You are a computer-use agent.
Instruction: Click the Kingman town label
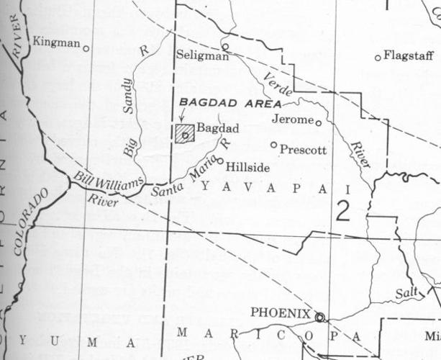pos(56,43)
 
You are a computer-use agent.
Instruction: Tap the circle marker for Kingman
pos(86,49)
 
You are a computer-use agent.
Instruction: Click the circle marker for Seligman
pos(224,47)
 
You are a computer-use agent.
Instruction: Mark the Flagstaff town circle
pos(378,58)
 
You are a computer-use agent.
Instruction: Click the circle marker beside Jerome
pos(319,122)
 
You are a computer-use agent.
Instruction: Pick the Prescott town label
pos(303,150)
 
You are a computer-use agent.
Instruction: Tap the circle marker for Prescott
pos(273,145)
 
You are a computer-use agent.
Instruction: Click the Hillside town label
pos(247,167)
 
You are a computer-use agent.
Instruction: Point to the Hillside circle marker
pos(220,161)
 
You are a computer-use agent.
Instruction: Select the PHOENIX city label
pos(280,314)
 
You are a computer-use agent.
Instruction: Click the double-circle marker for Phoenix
pos(319,317)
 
